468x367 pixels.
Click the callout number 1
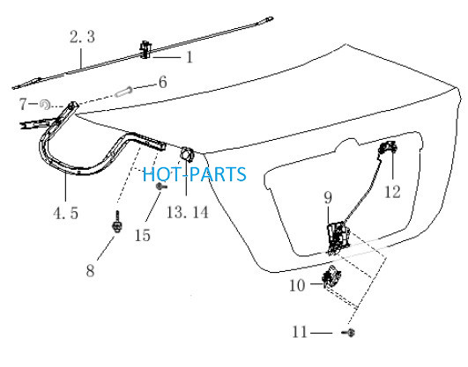click(x=189, y=57)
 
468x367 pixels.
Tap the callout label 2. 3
click(x=82, y=37)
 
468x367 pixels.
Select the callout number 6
click(x=163, y=82)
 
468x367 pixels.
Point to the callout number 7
click(x=23, y=104)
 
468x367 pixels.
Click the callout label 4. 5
click(x=66, y=213)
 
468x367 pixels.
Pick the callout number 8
click(x=90, y=271)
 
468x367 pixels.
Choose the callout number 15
click(x=143, y=235)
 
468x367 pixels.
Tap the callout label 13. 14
click(x=188, y=213)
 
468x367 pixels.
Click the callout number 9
click(x=328, y=197)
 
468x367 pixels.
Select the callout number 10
click(x=297, y=285)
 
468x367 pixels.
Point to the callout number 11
click(x=300, y=332)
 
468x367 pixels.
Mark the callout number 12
click(x=392, y=192)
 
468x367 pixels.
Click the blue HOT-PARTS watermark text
click(x=195, y=174)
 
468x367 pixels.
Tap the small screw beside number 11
click(x=349, y=332)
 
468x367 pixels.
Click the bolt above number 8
click(x=117, y=222)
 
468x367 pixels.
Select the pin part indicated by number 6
click(x=124, y=91)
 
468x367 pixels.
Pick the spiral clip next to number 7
click(x=45, y=105)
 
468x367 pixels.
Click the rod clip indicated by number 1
click(x=145, y=49)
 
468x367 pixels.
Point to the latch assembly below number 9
click(x=338, y=238)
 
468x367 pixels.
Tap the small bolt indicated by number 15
click(x=161, y=187)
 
